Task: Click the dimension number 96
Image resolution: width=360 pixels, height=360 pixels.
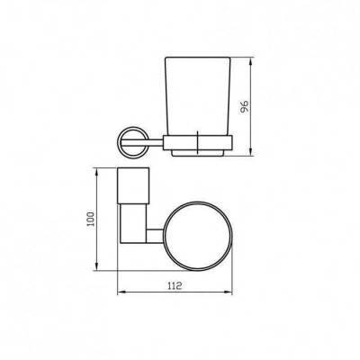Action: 245,106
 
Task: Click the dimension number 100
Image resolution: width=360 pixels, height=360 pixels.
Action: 91,220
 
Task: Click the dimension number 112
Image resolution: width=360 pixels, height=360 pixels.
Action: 175,285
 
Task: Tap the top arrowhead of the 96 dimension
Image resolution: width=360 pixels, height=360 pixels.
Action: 251,61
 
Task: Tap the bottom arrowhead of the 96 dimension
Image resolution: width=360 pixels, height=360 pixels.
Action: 251,151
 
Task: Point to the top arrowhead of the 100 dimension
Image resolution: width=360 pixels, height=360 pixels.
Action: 96,173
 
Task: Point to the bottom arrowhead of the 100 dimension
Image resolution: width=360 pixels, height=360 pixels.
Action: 96,265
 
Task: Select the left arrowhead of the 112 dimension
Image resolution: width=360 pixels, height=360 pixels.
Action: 121,292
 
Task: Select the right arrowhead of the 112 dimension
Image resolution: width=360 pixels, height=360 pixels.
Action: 228,292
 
